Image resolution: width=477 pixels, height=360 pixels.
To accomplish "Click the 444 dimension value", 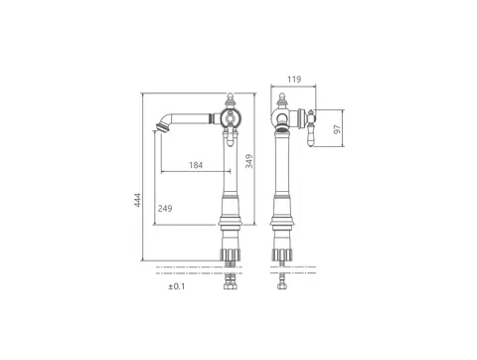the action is (x=137, y=200).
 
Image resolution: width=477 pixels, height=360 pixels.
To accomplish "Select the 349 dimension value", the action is (x=249, y=161).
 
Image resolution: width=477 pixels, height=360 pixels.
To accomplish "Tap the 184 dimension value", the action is (x=196, y=165).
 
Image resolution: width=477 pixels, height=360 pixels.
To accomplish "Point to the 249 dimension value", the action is (x=165, y=208).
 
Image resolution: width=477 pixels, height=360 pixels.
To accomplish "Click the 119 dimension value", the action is (x=294, y=80).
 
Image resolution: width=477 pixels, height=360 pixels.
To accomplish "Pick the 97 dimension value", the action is (x=337, y=129).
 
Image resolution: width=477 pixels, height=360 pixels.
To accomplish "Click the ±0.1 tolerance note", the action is (x=177, y=286).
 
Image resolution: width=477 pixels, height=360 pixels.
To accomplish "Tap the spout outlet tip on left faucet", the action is (x=160, y=127).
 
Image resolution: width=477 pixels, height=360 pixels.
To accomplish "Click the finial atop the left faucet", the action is (x=231, y=99).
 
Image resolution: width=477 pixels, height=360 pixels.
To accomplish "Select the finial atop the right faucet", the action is (x=281, y=99).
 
